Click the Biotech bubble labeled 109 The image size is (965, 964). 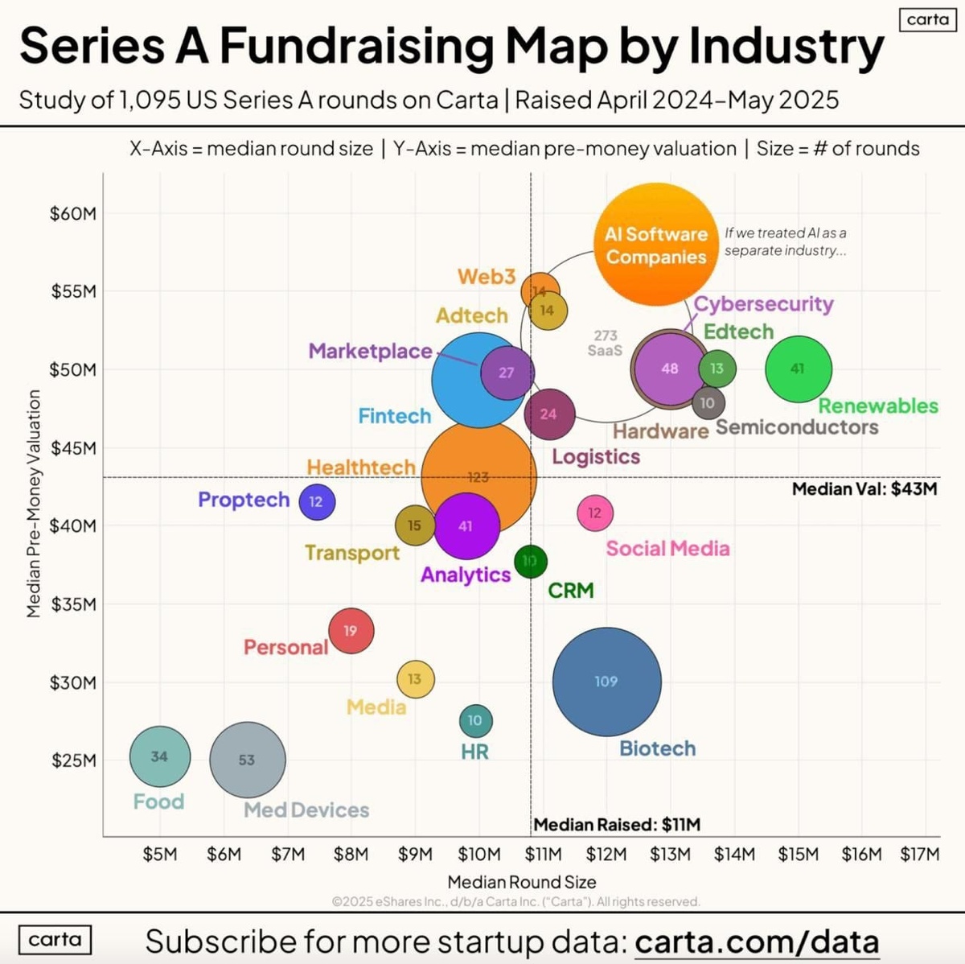point(606,681)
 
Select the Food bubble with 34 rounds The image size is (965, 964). point(160,756)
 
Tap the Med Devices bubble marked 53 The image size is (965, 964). point(247,760)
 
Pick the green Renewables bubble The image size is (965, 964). point(798,369)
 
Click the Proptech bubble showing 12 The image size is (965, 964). point(316,501)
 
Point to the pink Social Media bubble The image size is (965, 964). point(595,513)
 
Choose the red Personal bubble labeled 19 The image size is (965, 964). point(351,630)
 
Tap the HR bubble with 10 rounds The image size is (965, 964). point(474,720)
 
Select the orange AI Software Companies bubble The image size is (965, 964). point(655,245)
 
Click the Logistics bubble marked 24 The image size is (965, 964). point(549,414)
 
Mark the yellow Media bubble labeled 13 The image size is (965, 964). point(415,679)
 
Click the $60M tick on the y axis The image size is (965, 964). point(73,213)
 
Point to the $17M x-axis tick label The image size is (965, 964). point(919,854)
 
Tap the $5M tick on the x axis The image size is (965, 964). point(160,854)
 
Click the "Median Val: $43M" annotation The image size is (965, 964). point(864,488)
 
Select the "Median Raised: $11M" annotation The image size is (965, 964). point(617,824)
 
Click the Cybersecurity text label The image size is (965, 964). point(763,303)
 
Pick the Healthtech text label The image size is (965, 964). point(361,467)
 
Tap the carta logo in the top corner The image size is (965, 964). point(927,19)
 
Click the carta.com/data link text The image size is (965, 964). point(756,941)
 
